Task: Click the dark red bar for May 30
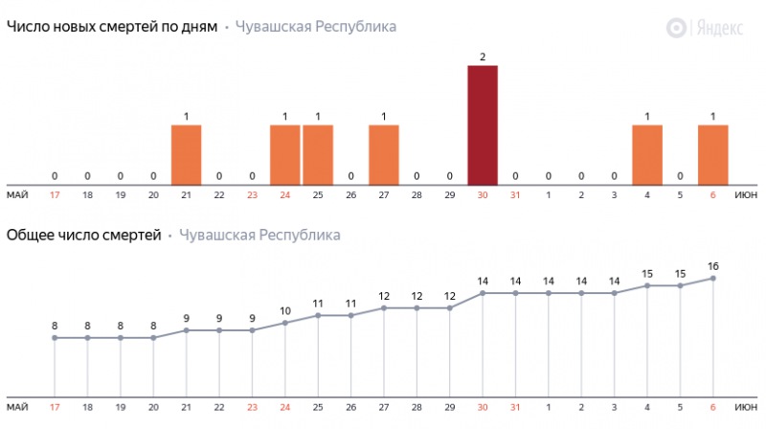click(x=483, y=124)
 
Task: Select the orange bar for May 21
click(x=187, y=154)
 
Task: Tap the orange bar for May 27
click(x=384, y=154)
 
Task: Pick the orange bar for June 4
click(x=647, y=154)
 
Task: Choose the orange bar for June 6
click(x=713, y=154)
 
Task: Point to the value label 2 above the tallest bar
click(x=483, y=57)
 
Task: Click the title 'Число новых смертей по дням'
click(x=112, y=27)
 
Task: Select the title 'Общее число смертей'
click(x=84, y=235)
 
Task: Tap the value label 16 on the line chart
click(x=713, y=264)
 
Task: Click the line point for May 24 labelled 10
click(x=285, y=323)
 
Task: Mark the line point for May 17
click(x=55, y=337)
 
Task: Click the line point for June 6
click(x=713, y=278)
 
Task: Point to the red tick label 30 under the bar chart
click(x=483, y=194)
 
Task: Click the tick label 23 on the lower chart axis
click(x=252, y=407)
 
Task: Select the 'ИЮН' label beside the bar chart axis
click(x=747, y=194)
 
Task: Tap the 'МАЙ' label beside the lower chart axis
click(x=17, y=407)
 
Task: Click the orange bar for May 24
click(x=285, y=154)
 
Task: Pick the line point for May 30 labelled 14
click(x=483, y=293)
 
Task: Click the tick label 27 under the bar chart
click(x=384, y=194)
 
